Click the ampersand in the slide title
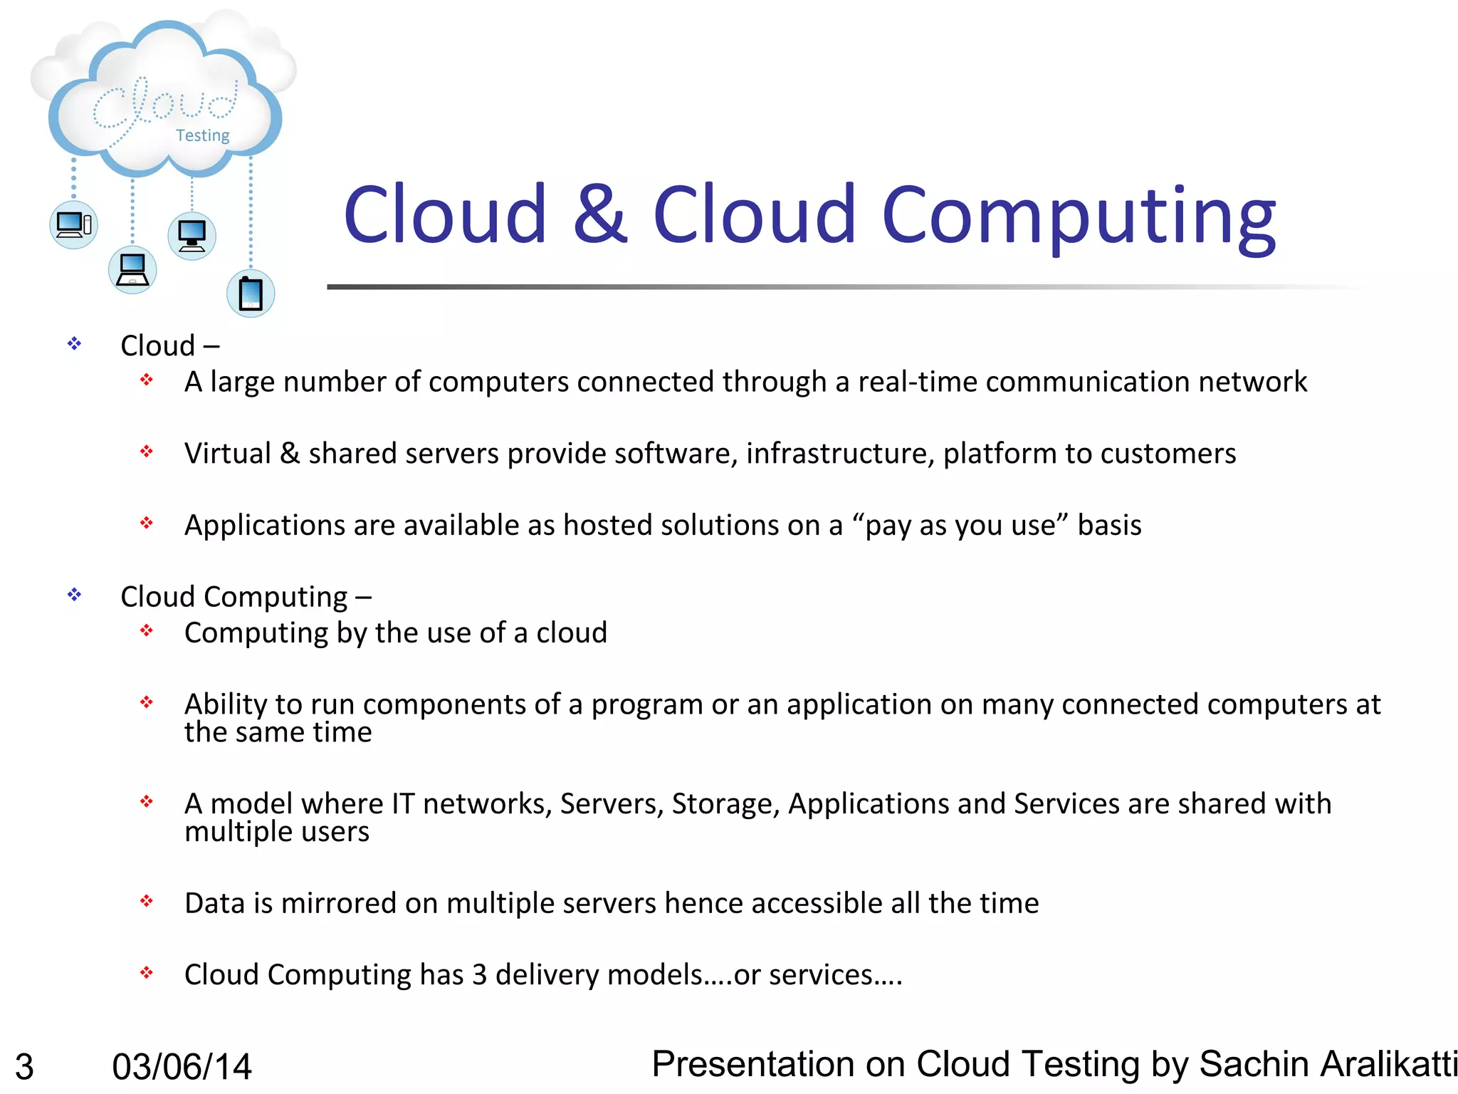click(600, 214)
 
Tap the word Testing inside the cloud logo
click(203, 135)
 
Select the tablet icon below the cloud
click(251, 293)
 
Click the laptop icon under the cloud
click(132, 270)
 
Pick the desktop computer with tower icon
click(74, 225)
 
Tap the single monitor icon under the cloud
click(192, 235)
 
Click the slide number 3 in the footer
click(24, 1066)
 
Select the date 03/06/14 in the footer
click(182, 1066)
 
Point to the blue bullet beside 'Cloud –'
click(75, 345)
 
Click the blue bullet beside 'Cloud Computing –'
click(75, 595)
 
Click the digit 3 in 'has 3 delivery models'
click(479, 974)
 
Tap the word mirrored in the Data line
click(339, 903)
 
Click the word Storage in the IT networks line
click(725, 803)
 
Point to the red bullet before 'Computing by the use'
click(147, 630)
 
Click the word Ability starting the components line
click(226, 704)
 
